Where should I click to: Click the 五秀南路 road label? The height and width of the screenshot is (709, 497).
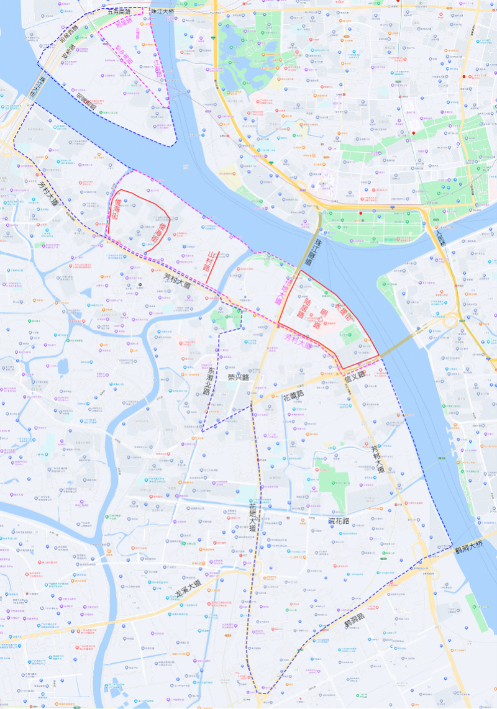click(119, 11)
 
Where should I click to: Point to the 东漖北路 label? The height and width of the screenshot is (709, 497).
click(208, 379)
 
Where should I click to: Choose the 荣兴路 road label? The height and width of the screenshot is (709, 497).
click(238, 377)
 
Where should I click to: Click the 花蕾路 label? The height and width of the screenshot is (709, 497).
click(293, 395)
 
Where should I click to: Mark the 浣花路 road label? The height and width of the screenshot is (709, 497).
click(339, 520)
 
